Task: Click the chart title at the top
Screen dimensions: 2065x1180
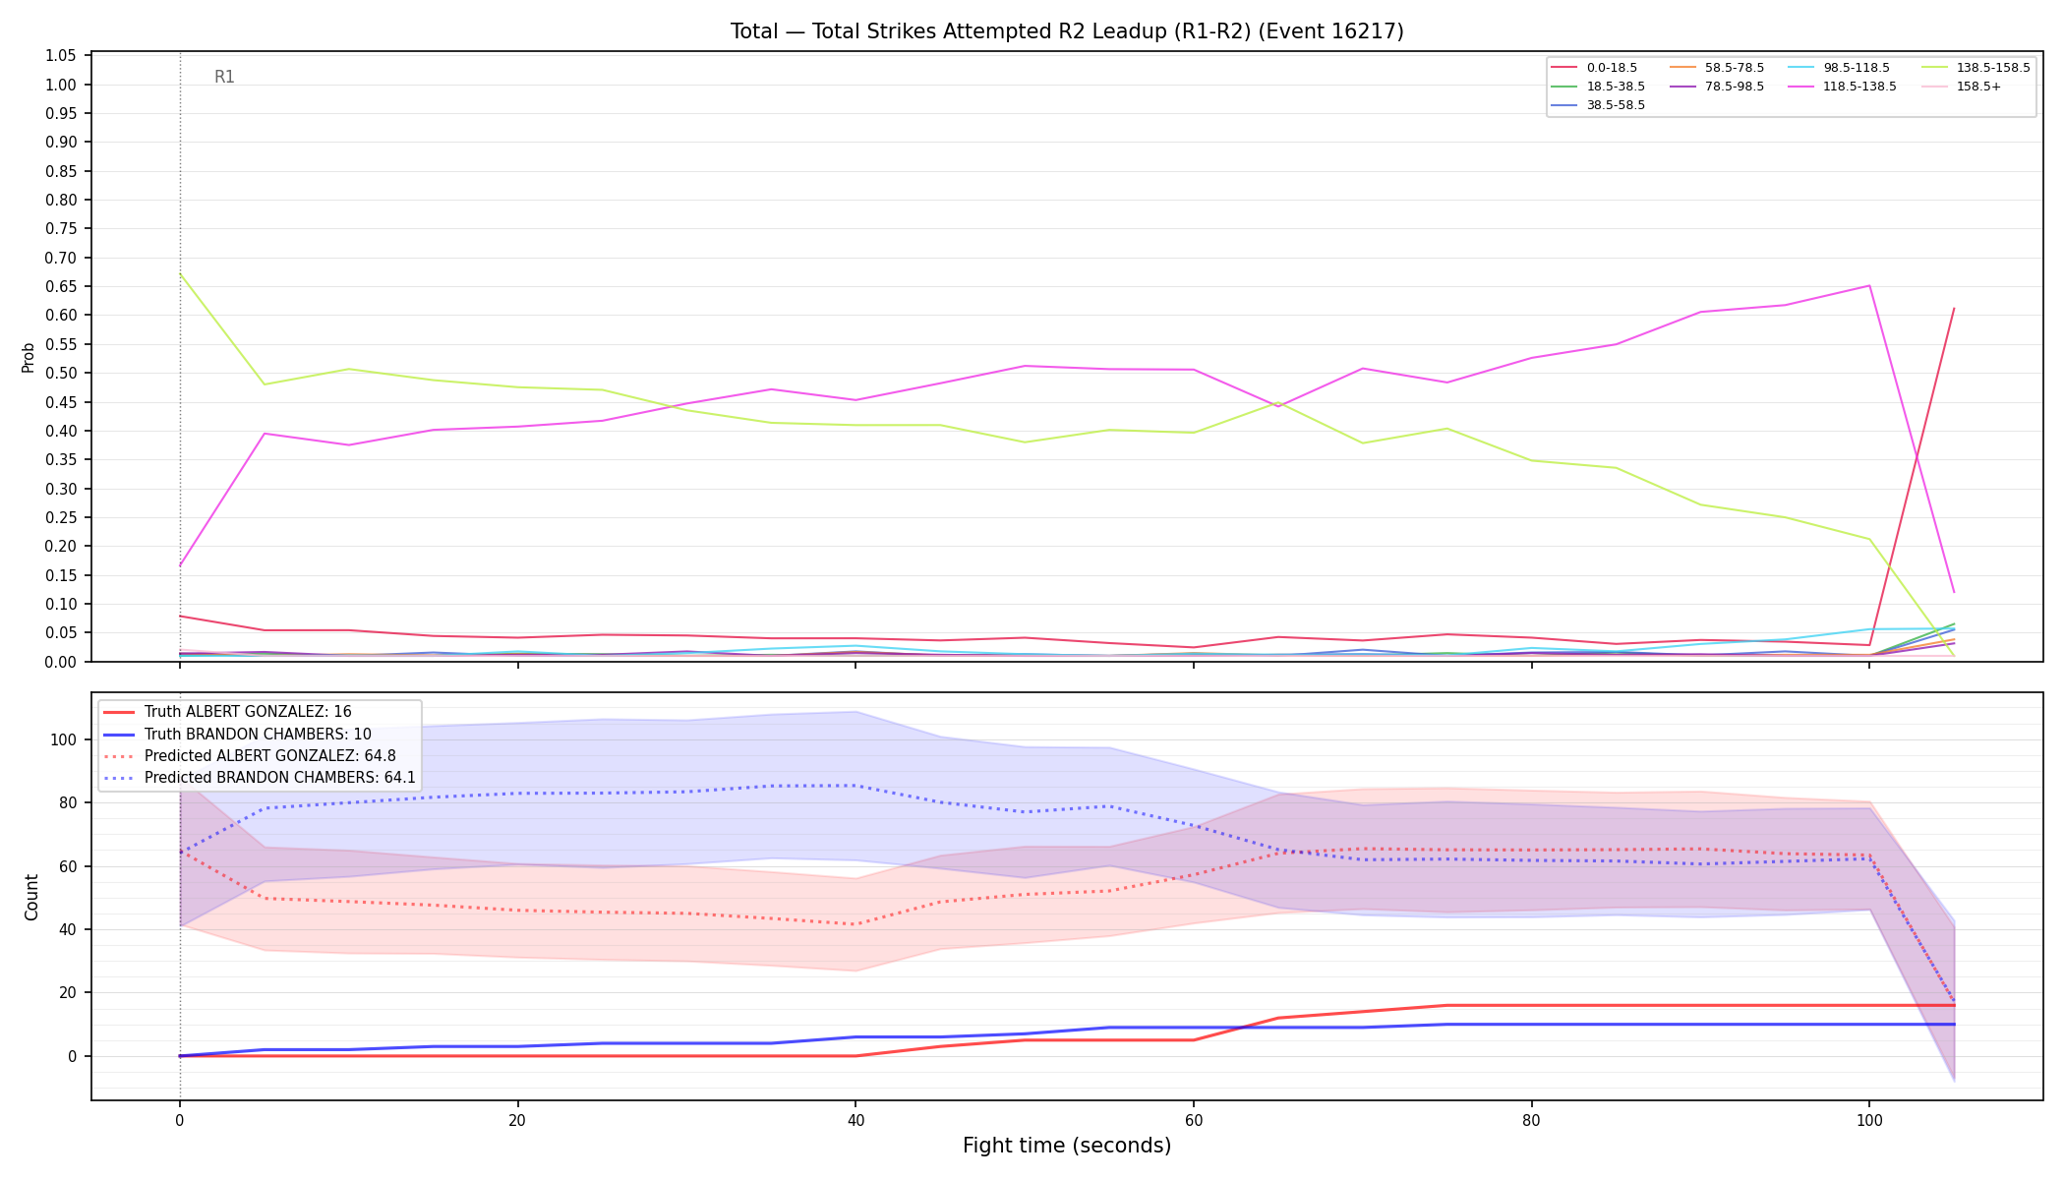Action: click(x=1067, y=31)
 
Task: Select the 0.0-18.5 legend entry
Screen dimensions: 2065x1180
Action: click(x=1594, y=68)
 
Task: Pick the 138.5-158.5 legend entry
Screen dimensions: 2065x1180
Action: click(x=1976, y=68)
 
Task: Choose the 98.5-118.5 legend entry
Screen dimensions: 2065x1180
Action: click(x=1838, y=68)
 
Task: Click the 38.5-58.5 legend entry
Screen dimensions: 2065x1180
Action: click(x=1598, y=105)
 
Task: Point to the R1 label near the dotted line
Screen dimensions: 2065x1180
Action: click(x=224, y=77)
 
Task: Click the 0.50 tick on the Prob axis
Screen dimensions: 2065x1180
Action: click(x=61, y=373)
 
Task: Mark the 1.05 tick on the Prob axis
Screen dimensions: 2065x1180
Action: click(x=61, y=56)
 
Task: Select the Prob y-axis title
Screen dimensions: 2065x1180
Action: click(x=29, y=357)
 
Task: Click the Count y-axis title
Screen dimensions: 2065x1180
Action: click(x=31, y=897)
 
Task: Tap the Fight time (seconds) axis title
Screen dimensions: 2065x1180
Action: click(x=1067, y=1146)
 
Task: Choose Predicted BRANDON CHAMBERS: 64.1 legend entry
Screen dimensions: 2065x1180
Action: click(x=259, y=778)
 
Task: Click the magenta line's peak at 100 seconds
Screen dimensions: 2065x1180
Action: click(x=1868, y=286)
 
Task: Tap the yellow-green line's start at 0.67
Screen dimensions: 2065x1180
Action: click(x=180, y=273)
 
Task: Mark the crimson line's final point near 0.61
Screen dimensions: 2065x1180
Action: click(x=1953, y=309)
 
